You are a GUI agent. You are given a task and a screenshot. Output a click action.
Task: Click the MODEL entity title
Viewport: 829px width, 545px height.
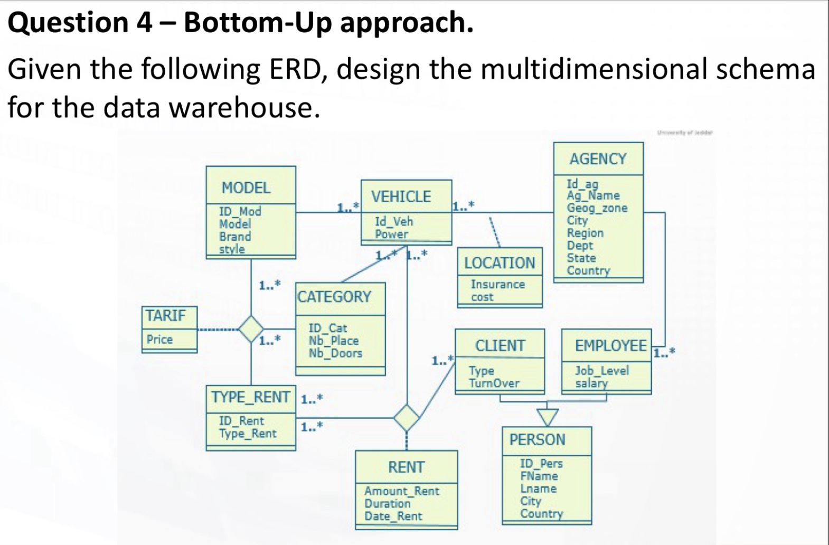(x=246, y=187)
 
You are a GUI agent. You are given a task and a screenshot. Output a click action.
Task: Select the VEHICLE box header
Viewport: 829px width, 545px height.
(x=401, y=196)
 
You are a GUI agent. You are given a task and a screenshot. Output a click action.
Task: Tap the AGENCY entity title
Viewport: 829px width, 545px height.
(x=598, y=159)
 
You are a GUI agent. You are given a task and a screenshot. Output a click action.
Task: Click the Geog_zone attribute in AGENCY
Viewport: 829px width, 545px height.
(x=597, y=208)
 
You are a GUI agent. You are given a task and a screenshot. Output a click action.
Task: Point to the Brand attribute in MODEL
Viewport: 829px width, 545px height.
(x=235, y=237)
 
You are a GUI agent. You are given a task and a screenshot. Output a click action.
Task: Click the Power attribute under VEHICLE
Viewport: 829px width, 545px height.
(x=391, y=234)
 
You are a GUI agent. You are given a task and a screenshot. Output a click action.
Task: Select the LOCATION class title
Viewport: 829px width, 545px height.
(x=500, y=262)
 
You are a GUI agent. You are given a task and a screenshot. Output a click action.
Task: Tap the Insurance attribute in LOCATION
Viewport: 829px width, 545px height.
(x=497, y=284)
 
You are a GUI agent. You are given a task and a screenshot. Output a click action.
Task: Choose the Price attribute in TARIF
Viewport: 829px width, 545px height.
(x=159, y=340)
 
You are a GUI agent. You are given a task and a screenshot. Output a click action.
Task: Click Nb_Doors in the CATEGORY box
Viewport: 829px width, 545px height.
(x=335, y=353)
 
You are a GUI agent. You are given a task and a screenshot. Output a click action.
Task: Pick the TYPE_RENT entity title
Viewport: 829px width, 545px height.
(x=251, y=397)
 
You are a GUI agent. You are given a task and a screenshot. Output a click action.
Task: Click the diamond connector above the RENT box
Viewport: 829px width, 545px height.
(x=406, y=418)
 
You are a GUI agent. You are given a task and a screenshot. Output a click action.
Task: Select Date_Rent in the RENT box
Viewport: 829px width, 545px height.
(x=393, y=516)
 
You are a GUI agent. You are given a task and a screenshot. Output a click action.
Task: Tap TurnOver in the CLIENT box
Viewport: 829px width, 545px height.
(x=494, y=383)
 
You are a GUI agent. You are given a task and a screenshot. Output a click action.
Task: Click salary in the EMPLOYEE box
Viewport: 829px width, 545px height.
(x=591, y=383)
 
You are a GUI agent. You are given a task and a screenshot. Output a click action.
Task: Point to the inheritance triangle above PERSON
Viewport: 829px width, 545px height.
(x=548, y=415)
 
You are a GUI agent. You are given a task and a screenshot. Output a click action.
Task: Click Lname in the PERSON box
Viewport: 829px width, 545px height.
(x=538, y=488)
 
